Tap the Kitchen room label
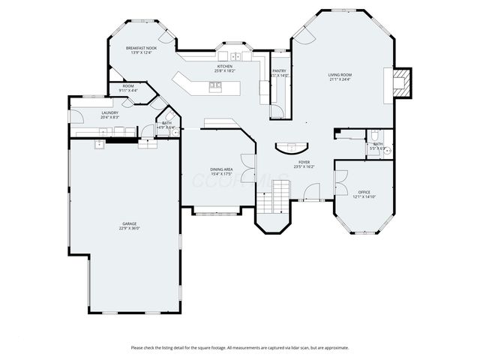tap(224, 66)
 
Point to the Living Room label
tap(340, 75)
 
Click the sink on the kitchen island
tap(215, 85)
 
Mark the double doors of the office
tap(340, 182)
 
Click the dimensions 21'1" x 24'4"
tap(340, 79)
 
